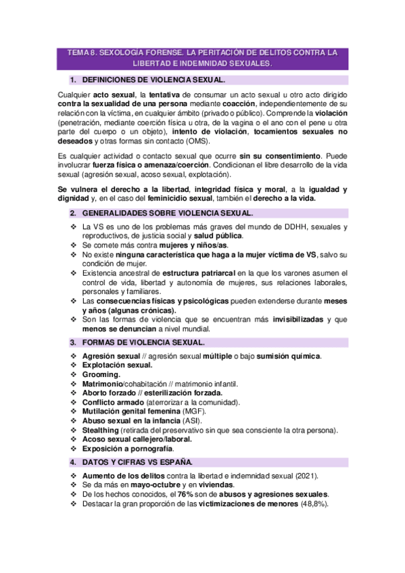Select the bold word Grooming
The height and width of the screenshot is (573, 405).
[101, 374]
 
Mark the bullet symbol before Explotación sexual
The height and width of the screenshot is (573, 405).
[74, 365]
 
